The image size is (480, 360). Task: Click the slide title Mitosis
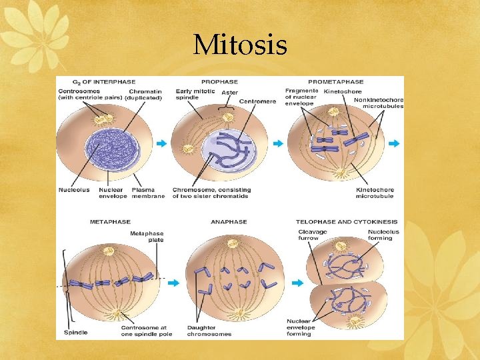[x=240, y=45]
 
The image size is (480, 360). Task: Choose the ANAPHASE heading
[x=229, y=221]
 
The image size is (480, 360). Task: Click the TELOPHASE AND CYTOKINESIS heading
[x=347, y=221]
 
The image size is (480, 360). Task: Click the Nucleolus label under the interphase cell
[x=73, y=190]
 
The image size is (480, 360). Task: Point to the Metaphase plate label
[x=147, y=237]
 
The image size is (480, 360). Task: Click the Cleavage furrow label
[x=313, y=235]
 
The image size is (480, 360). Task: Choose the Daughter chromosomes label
[x=209, y=331]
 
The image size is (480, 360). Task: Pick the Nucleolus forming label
[x=383, y=235]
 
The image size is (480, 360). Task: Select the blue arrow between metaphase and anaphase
[x=173, y=283]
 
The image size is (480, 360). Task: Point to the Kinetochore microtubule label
[x=375, y=193]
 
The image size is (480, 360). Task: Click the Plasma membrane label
[x=148, y=193]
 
